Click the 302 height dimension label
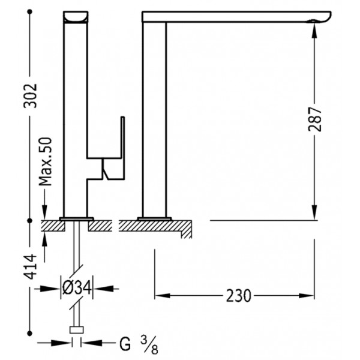[x=31, y=96]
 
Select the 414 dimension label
[x=31, y=266]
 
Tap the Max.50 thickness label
[x=45, y=161]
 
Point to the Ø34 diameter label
[x=77, y=287]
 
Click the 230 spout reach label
[x=239, y=296]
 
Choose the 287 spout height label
[x=315, y=119]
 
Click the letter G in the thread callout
[x=125, y=343]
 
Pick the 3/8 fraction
[x=149, y=344]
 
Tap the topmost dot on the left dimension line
[x=29, y=11]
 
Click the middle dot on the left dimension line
[x=29, y=220]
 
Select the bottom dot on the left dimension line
[x=29, y=333]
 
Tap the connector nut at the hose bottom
[x=77, y=329]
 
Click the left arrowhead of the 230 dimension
[x=163, y=295]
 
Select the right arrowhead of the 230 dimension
[x=307, y=295]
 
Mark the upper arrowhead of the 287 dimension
[x=314, y=31]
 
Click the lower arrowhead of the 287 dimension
[x=314, y=212]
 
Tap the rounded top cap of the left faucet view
[x=76, y=17]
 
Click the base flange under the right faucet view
[x=155, y=218]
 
